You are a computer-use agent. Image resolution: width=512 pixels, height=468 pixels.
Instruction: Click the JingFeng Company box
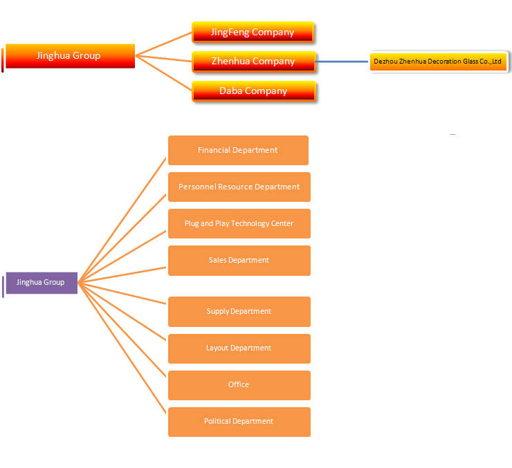253,32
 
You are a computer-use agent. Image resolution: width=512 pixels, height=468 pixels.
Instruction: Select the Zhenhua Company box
254,62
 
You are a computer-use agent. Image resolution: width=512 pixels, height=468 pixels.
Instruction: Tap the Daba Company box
254,91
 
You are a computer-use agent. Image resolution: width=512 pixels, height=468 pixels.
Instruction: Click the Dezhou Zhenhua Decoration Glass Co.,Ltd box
438,62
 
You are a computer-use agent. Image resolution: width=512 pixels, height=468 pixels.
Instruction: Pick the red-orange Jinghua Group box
70,56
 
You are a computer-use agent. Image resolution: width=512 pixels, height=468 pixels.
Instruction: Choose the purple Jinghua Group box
42,283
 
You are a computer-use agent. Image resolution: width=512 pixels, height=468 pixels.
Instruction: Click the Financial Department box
238,150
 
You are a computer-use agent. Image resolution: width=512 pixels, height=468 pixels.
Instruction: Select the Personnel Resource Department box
239,187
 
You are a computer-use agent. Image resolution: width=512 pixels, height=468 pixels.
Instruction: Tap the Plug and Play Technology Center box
239,224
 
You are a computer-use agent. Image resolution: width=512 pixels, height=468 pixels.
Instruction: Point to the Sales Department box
239,261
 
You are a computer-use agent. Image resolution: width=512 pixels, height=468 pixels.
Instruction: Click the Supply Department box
239,312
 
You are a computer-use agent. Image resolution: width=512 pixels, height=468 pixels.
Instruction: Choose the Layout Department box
239,348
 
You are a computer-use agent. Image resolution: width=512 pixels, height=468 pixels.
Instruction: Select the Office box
239,385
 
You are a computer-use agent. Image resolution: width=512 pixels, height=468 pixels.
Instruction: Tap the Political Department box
239,422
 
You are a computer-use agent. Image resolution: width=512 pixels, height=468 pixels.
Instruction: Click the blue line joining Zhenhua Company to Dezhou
342,62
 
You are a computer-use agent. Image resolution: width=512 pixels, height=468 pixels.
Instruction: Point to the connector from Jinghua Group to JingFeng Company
163,44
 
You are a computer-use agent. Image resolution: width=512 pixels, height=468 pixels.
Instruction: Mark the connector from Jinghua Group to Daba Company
163,73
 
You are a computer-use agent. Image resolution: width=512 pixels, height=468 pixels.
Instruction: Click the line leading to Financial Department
122,220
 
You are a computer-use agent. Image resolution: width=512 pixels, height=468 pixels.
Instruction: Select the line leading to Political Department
122,348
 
